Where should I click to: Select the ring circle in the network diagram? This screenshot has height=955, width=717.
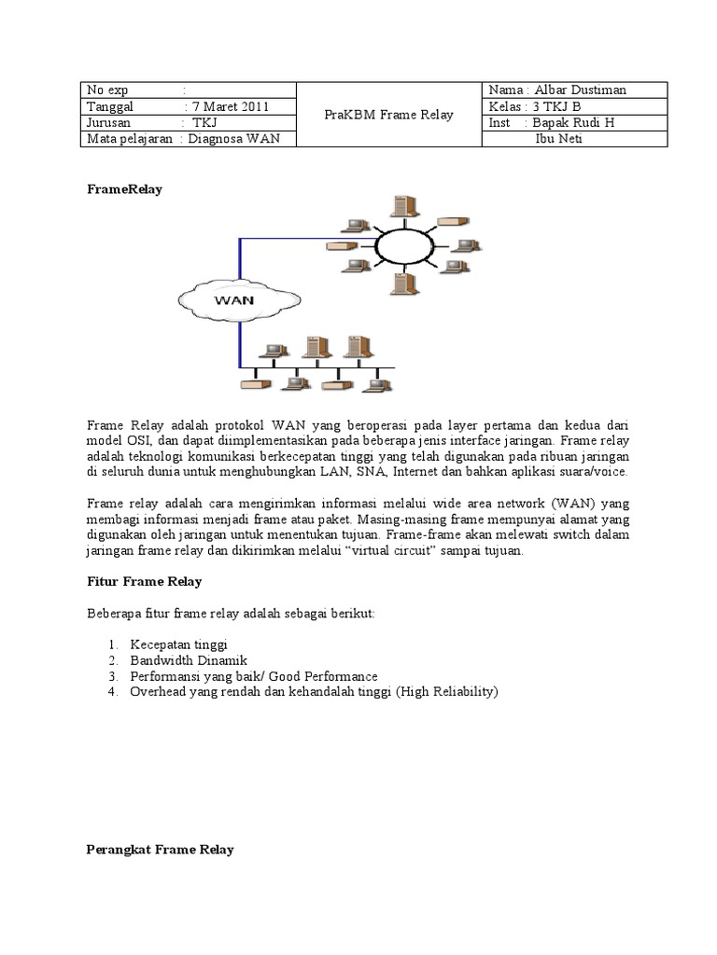403,245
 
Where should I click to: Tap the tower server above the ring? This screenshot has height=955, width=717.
402,203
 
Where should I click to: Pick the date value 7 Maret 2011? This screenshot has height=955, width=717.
231,106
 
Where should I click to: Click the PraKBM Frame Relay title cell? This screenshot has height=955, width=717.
387,115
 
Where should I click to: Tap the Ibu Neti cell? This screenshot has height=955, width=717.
557,139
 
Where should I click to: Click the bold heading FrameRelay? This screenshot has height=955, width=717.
124,188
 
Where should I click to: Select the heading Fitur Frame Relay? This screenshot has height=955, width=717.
144,581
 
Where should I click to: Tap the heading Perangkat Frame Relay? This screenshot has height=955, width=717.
160,850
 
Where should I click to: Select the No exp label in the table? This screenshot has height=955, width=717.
107,90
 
